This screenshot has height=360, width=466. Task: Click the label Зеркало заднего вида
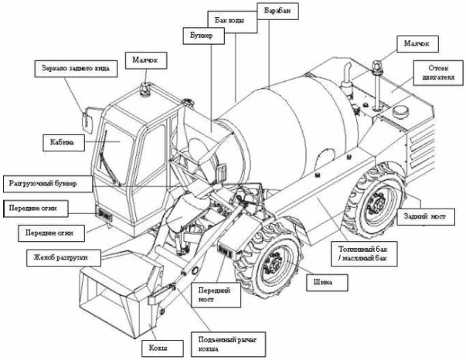click(x=75, y=69)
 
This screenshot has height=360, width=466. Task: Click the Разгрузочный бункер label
click(x=46, y=183)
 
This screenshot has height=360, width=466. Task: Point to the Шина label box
click(x=323, y=281)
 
